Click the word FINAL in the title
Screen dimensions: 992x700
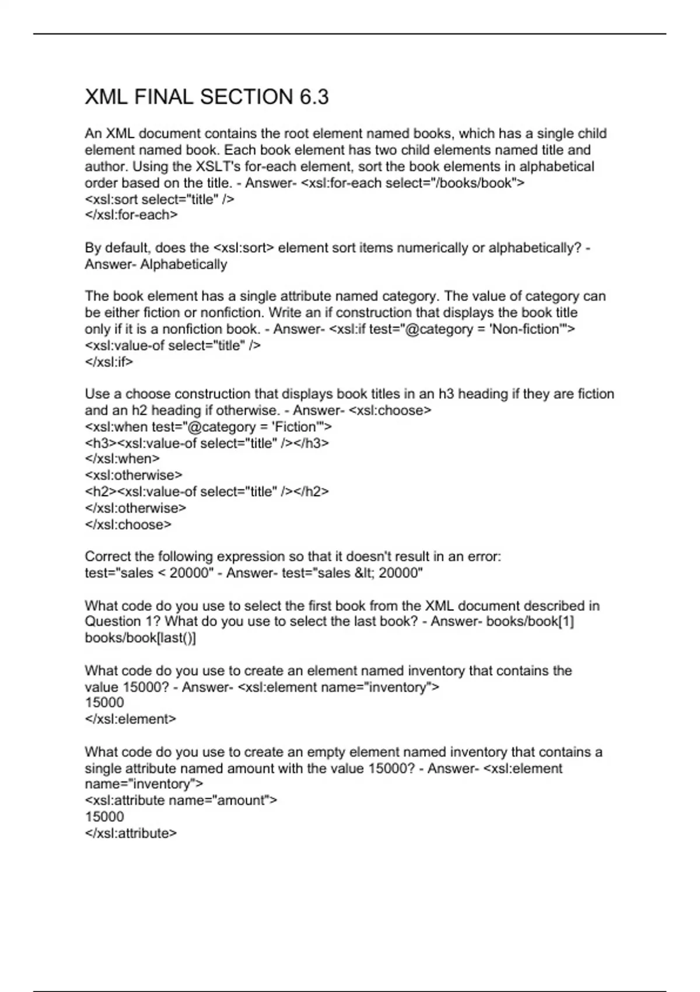[x=168, y=97]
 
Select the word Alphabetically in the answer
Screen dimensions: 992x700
[x=184, y=264]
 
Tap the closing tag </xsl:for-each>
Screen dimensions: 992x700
[x=131, y=215]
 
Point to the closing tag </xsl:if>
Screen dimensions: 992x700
[x=109, y=362]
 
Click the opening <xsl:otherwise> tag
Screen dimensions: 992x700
[x=134, y=475]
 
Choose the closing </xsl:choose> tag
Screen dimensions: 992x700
[x=128, y=524]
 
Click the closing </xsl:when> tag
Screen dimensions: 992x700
[x=123, y=459]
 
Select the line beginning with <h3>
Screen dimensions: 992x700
[x=207, y=443]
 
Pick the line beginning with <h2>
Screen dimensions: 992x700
[x=207, y=491]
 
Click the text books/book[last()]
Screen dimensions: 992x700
[x=141, y=638]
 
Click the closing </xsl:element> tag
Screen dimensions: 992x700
[x=131, y=719]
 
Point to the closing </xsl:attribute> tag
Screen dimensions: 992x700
[x=131, y=833]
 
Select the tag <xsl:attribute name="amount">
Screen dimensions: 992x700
[x=181, y=800]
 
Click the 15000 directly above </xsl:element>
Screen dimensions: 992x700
[x=104, y=703]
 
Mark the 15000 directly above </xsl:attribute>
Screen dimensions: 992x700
[x=104, y=817]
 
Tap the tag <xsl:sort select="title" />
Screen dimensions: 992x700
[x=159, y=199]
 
